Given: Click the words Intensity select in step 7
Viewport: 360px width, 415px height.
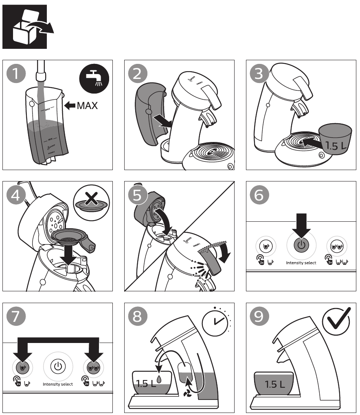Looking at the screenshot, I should coord(57,384).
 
